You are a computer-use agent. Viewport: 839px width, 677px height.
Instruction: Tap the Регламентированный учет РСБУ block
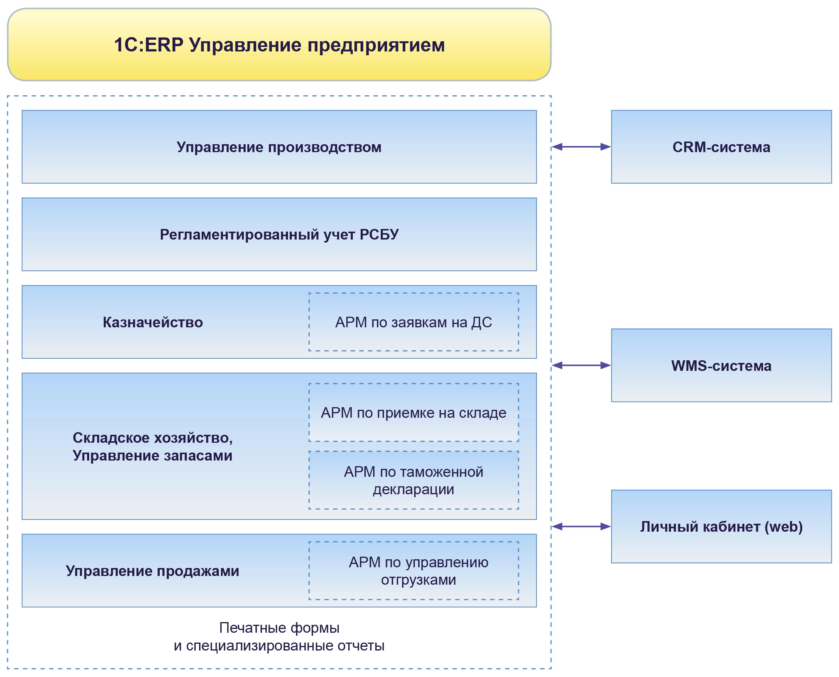(x=279, y=234)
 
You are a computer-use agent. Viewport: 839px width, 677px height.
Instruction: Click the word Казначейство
(x=153, y=322)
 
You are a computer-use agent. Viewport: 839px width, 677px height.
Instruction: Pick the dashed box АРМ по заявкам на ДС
(x=414, y=322)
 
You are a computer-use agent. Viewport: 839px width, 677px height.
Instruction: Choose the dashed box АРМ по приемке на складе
(x=414, y=412)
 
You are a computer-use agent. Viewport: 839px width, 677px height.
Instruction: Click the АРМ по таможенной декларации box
(x=414, y=481)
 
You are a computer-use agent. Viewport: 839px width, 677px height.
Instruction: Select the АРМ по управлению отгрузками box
(x=414, y=571)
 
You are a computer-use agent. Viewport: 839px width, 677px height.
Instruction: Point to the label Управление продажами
(x=152, y=571)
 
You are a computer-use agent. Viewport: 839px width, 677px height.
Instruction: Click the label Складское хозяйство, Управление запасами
(x=152, y=447)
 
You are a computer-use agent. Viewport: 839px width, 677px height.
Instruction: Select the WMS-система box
(x=721, y=366)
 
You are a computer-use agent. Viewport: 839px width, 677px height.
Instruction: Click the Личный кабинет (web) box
(x=721, y=527)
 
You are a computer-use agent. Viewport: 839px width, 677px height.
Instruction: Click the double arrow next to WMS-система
(x=581, y=366)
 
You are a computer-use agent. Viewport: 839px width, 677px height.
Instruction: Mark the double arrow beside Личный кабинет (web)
(x=581, y=527)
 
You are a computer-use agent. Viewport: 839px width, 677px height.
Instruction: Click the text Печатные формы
(x=279, y=628)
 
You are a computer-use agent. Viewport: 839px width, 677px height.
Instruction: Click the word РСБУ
(x=379, y=234)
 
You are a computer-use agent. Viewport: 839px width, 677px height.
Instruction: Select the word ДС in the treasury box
(x=481, y=322)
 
